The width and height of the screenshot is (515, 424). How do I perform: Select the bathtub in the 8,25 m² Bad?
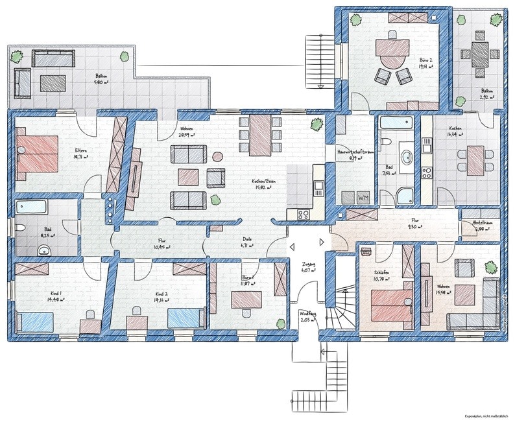pos(33,208)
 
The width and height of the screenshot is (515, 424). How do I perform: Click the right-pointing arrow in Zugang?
pos(322,242)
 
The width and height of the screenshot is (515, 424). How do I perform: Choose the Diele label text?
pos(246,238)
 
